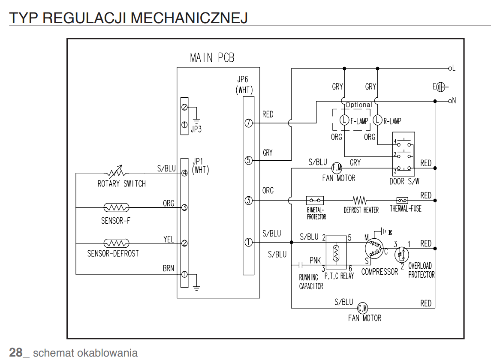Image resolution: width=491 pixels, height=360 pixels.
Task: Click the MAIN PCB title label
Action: [x=212, y=57]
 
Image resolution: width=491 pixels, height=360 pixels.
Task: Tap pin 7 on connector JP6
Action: [x=248, y=123]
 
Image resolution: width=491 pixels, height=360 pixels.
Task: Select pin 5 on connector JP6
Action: [x=248, y=161]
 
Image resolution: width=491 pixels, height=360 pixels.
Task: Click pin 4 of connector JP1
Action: [x=184, y=173]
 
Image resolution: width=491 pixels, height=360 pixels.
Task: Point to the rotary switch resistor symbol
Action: [x=116, y=172]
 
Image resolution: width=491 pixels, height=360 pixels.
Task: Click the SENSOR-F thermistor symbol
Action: [x=116, y=207]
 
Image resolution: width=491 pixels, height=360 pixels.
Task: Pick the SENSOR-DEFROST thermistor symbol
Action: [x=116, y=243]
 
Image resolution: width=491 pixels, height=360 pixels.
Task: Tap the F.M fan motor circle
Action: [x=337, y=168]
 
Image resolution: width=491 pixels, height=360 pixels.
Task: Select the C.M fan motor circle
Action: [x=363, y=308]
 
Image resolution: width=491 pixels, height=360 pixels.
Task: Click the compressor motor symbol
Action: [x=374, y=248]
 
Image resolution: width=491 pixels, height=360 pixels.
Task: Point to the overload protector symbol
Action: [x=401, y=255]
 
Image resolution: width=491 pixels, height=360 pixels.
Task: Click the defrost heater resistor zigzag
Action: [x=359, y=200]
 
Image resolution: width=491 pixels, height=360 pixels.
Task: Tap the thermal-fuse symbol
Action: [x=402, y=200]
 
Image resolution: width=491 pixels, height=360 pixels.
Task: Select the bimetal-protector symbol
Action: [x=315, y=200]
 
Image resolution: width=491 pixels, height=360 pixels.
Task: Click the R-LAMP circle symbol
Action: [x=378, y=120]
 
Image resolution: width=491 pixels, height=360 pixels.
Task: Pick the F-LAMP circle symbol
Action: [x=344, y=120]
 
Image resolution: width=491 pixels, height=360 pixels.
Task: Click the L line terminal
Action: [x=450, y=68]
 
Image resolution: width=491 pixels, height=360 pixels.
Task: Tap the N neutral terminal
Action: [x=450, y=101]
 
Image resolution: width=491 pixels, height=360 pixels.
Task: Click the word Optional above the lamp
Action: [x=359, y=105]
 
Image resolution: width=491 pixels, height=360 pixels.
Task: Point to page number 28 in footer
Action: [x=16, y=352]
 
